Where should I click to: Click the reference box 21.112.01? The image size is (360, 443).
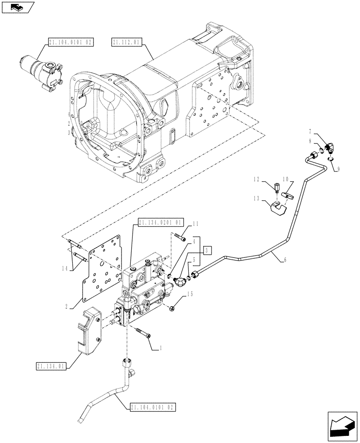pos(127,43)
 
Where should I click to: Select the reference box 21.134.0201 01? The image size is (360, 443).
pos(160,222)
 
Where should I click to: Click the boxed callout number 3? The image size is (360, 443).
pos(207,250)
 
